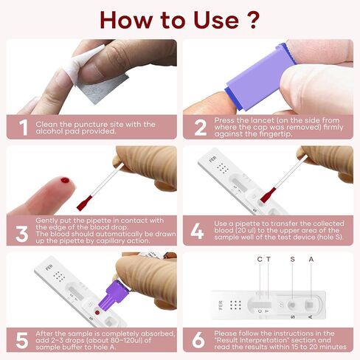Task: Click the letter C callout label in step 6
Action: coord(259,259)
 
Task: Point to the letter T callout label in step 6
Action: coord(269,259)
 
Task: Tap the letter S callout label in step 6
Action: coord(293,259)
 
